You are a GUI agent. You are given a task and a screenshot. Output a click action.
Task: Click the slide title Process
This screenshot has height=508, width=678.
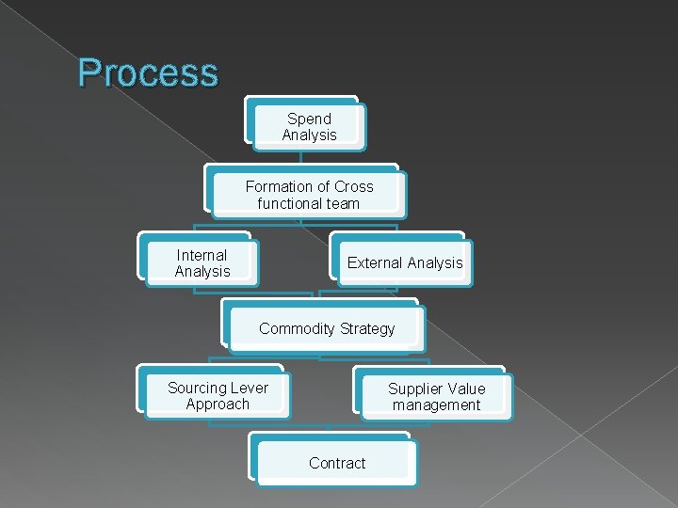148,72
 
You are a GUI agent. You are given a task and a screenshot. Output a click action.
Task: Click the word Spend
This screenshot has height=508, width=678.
309,119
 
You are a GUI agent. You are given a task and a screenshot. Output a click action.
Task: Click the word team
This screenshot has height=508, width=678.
343,202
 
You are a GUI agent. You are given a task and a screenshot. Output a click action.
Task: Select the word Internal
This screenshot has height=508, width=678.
202,255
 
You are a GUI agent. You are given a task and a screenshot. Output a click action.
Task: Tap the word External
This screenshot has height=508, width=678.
375,263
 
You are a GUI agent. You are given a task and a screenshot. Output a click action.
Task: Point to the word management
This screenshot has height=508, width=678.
436,405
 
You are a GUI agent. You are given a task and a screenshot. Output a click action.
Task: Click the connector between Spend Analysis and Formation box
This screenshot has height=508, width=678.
301,157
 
